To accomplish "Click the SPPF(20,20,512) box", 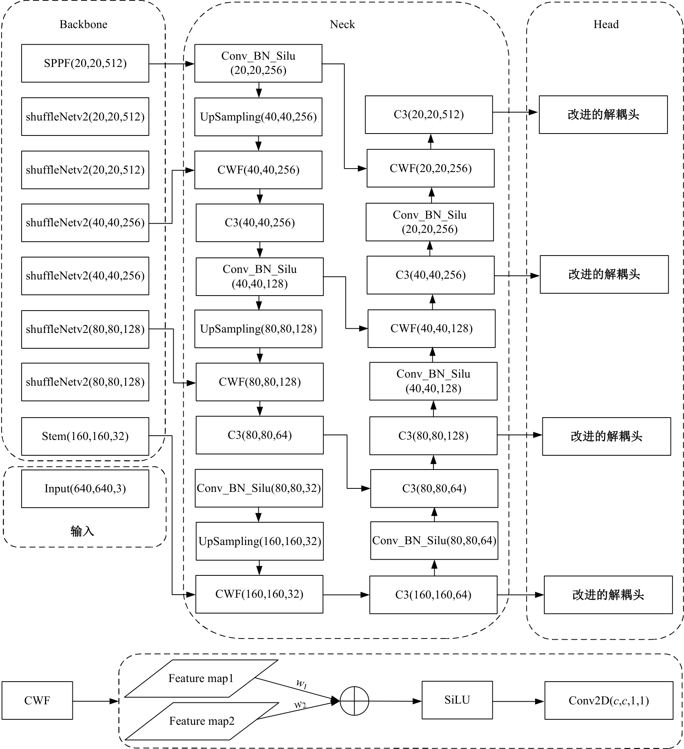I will (85, 63).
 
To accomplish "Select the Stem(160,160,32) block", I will (85, 436).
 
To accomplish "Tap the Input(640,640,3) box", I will (85, 488).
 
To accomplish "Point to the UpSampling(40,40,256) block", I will (258, 117).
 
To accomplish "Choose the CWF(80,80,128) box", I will (259, 382).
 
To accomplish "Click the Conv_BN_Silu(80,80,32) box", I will (259, 488).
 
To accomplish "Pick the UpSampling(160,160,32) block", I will (259, 541).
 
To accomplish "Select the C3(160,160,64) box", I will (433, 595).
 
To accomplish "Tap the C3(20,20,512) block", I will (428, 115).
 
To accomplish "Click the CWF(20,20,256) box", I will (430, 168).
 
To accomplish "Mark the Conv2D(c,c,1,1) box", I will (609, 701).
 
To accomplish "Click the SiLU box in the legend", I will (457, 700).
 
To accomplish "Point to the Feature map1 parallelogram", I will (201, 679).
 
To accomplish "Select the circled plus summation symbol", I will (354, 701).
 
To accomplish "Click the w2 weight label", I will (300, 705).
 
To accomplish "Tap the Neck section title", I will (342, 24).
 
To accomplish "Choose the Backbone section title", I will (83, 24).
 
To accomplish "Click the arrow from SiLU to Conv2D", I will (518, 701).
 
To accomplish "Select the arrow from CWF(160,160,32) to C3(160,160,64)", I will (346, 595).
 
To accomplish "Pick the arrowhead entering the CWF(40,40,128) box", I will (363, 328).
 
